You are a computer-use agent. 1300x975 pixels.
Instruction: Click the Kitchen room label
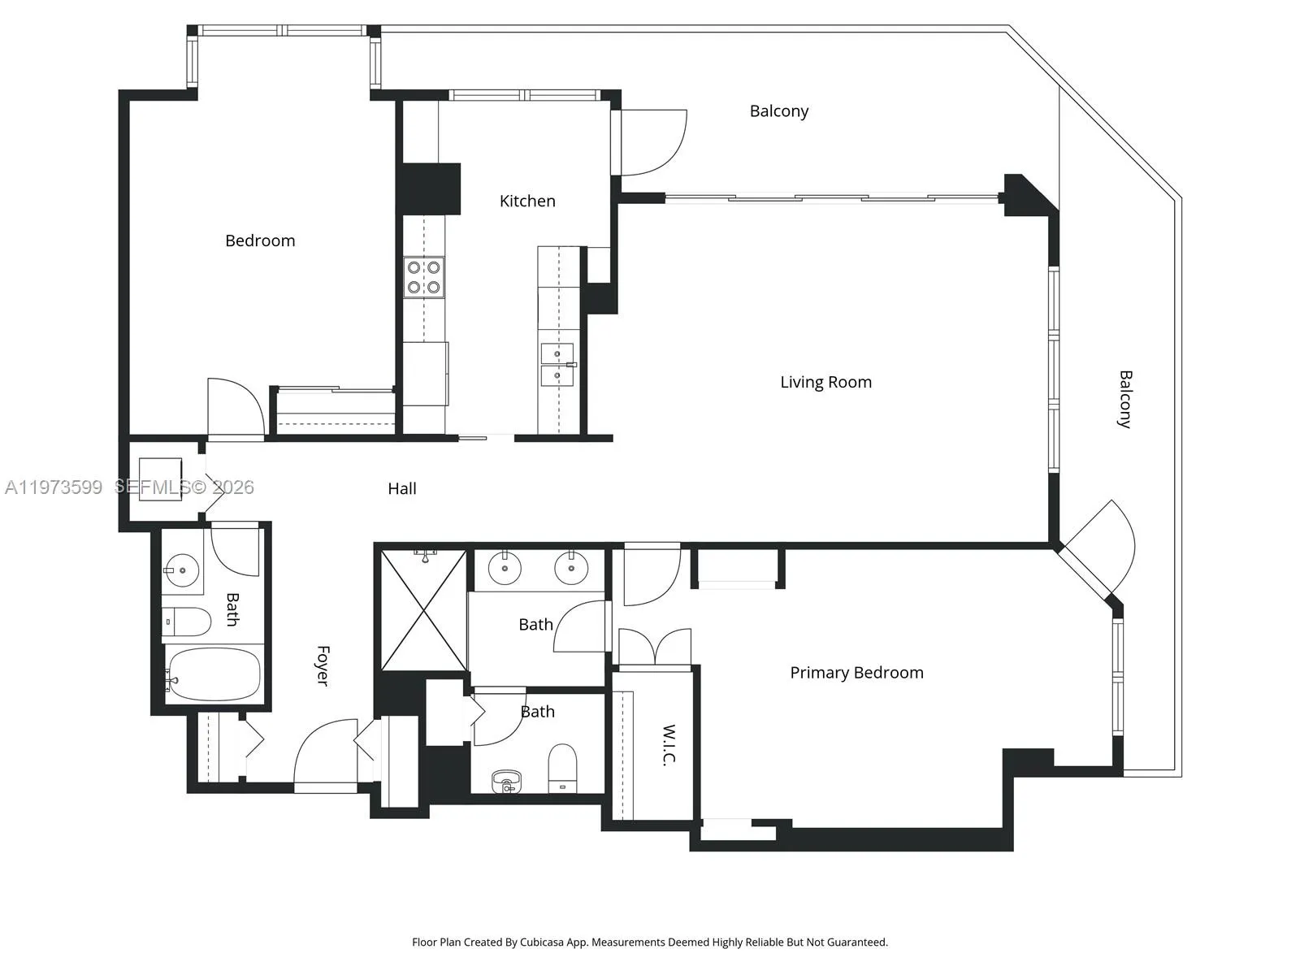click(527, 201)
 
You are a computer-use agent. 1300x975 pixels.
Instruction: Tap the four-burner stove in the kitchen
click(424, 277)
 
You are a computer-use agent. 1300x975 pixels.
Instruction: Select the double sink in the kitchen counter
click(558, 365)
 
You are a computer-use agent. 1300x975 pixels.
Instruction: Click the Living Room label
click(825, 382)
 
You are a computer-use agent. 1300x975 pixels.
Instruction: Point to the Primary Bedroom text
click(856, 673)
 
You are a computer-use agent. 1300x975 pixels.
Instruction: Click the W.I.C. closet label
click(669, 744)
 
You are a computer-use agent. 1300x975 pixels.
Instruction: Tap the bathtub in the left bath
click(214, 674)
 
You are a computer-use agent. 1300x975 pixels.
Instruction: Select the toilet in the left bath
click(186, 622)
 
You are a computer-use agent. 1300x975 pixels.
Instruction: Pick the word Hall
click(402, 488)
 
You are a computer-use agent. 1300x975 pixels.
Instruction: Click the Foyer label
click(323, 665)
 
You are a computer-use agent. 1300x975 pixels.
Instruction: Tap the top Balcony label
click(778, 111)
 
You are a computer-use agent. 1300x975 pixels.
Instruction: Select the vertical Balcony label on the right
click(1125, 399)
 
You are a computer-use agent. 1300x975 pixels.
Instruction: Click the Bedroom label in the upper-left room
click(260, 240)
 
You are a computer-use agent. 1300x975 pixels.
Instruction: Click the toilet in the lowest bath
click(562, 767)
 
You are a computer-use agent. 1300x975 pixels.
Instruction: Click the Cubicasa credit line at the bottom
click(649, 942)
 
